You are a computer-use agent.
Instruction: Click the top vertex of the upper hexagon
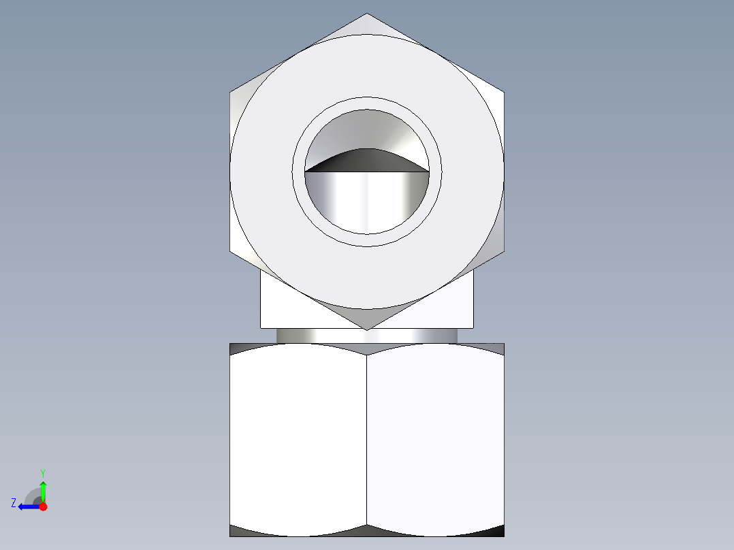367,14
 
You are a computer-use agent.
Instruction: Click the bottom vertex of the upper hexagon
367,330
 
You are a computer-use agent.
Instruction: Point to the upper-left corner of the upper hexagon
230,92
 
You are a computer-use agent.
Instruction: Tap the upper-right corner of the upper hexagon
505,92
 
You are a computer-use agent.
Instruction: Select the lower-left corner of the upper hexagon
230,250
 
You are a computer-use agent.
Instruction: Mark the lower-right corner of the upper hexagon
505,250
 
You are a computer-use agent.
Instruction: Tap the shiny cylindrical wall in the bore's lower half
367,201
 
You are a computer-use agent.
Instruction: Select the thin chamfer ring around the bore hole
367,104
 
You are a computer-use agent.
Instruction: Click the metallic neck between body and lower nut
367,336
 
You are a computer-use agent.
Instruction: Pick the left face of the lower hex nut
298,439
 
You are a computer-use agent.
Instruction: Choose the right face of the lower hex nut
436,439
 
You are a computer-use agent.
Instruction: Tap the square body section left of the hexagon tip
279,306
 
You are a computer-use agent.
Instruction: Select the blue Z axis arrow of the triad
26,506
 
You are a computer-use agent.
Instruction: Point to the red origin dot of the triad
44,506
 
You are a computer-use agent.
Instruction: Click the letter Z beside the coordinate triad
14,503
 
